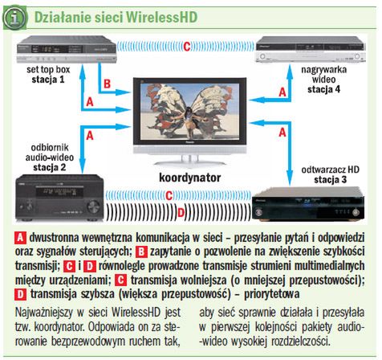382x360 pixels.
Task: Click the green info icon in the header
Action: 14,18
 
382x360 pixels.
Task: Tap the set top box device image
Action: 67,50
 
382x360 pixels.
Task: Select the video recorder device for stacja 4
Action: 311,49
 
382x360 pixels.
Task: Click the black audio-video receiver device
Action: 59,198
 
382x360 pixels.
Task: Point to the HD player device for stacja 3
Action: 308,204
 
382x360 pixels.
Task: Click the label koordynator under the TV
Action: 190,178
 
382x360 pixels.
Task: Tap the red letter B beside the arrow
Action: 107,84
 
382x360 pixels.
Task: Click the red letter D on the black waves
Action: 181,213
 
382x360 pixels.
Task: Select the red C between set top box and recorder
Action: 187,47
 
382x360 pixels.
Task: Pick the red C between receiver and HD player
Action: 169,195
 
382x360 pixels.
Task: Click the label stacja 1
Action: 48,80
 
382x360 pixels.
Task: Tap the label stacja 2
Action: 50,167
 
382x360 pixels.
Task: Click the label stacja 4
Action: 324,89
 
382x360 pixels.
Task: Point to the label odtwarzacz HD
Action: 331,170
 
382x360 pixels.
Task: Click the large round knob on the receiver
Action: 93,207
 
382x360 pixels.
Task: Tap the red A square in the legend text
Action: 20,238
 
